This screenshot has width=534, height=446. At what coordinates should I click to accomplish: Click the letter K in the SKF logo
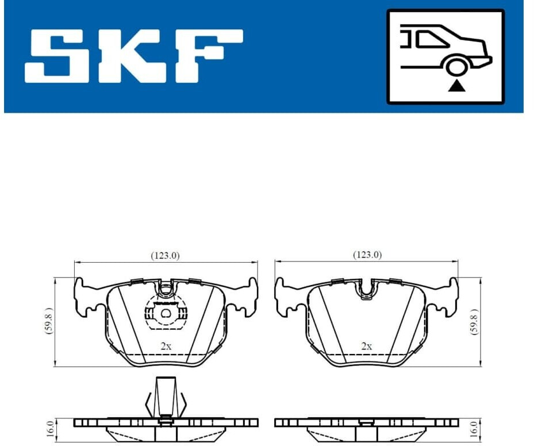pos(129,56)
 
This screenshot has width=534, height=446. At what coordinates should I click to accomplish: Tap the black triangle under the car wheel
pos(457,86)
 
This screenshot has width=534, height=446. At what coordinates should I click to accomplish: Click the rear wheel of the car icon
pos(456,67)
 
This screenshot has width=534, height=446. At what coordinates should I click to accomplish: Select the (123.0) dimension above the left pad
pos(165,255)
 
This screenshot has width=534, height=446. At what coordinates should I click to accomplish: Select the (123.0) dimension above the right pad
pos(367,255)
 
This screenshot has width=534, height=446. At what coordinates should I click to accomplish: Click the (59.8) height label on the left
pos(49,321)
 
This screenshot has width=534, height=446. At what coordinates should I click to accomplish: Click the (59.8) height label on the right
pos(474,321)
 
